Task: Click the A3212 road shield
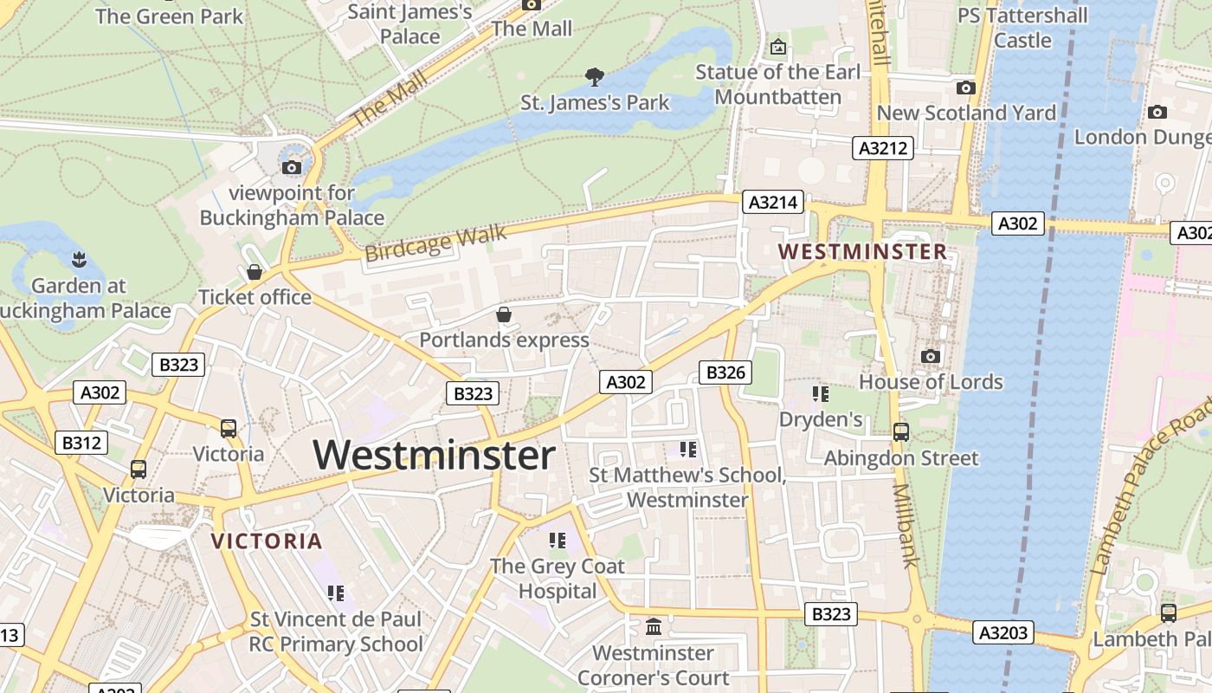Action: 883,148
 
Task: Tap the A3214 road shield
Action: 773,203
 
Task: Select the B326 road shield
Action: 725,372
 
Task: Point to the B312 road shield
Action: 81,443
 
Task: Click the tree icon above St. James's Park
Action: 594,77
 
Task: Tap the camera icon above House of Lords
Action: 931,356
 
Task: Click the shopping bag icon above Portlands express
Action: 504,314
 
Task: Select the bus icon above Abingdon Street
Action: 901,431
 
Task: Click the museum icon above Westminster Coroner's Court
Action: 654,626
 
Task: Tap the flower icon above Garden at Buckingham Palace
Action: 79,259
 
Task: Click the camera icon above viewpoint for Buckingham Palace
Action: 292,167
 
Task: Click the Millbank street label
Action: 906,525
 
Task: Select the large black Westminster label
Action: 434,455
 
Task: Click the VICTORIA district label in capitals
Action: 267,541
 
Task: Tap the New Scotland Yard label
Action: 966,113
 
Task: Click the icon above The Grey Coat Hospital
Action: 557,541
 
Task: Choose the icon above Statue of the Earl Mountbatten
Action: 777,47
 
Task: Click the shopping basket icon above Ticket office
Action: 255,272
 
